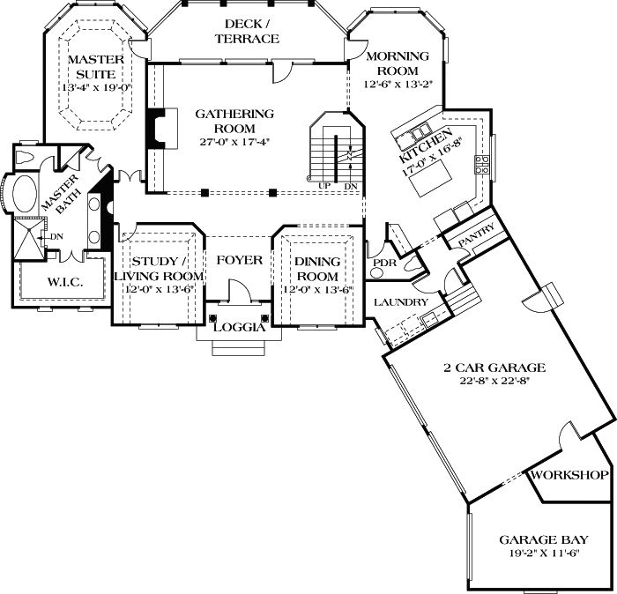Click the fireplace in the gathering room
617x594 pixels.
(x=156, y=130)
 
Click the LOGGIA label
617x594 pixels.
(x=239, y=327)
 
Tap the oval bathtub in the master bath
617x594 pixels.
(x=24, y=195)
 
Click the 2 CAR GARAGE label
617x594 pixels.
(x=494, y=368)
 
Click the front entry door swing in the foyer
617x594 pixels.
(x=238, y=290)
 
